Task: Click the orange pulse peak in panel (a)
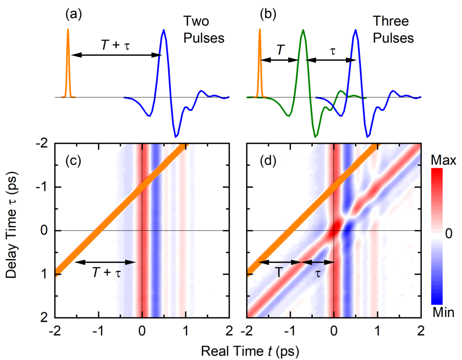(x=68, y=31)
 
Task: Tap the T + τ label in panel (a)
(x=114, y=45)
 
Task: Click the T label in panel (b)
(x=280, y=50)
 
